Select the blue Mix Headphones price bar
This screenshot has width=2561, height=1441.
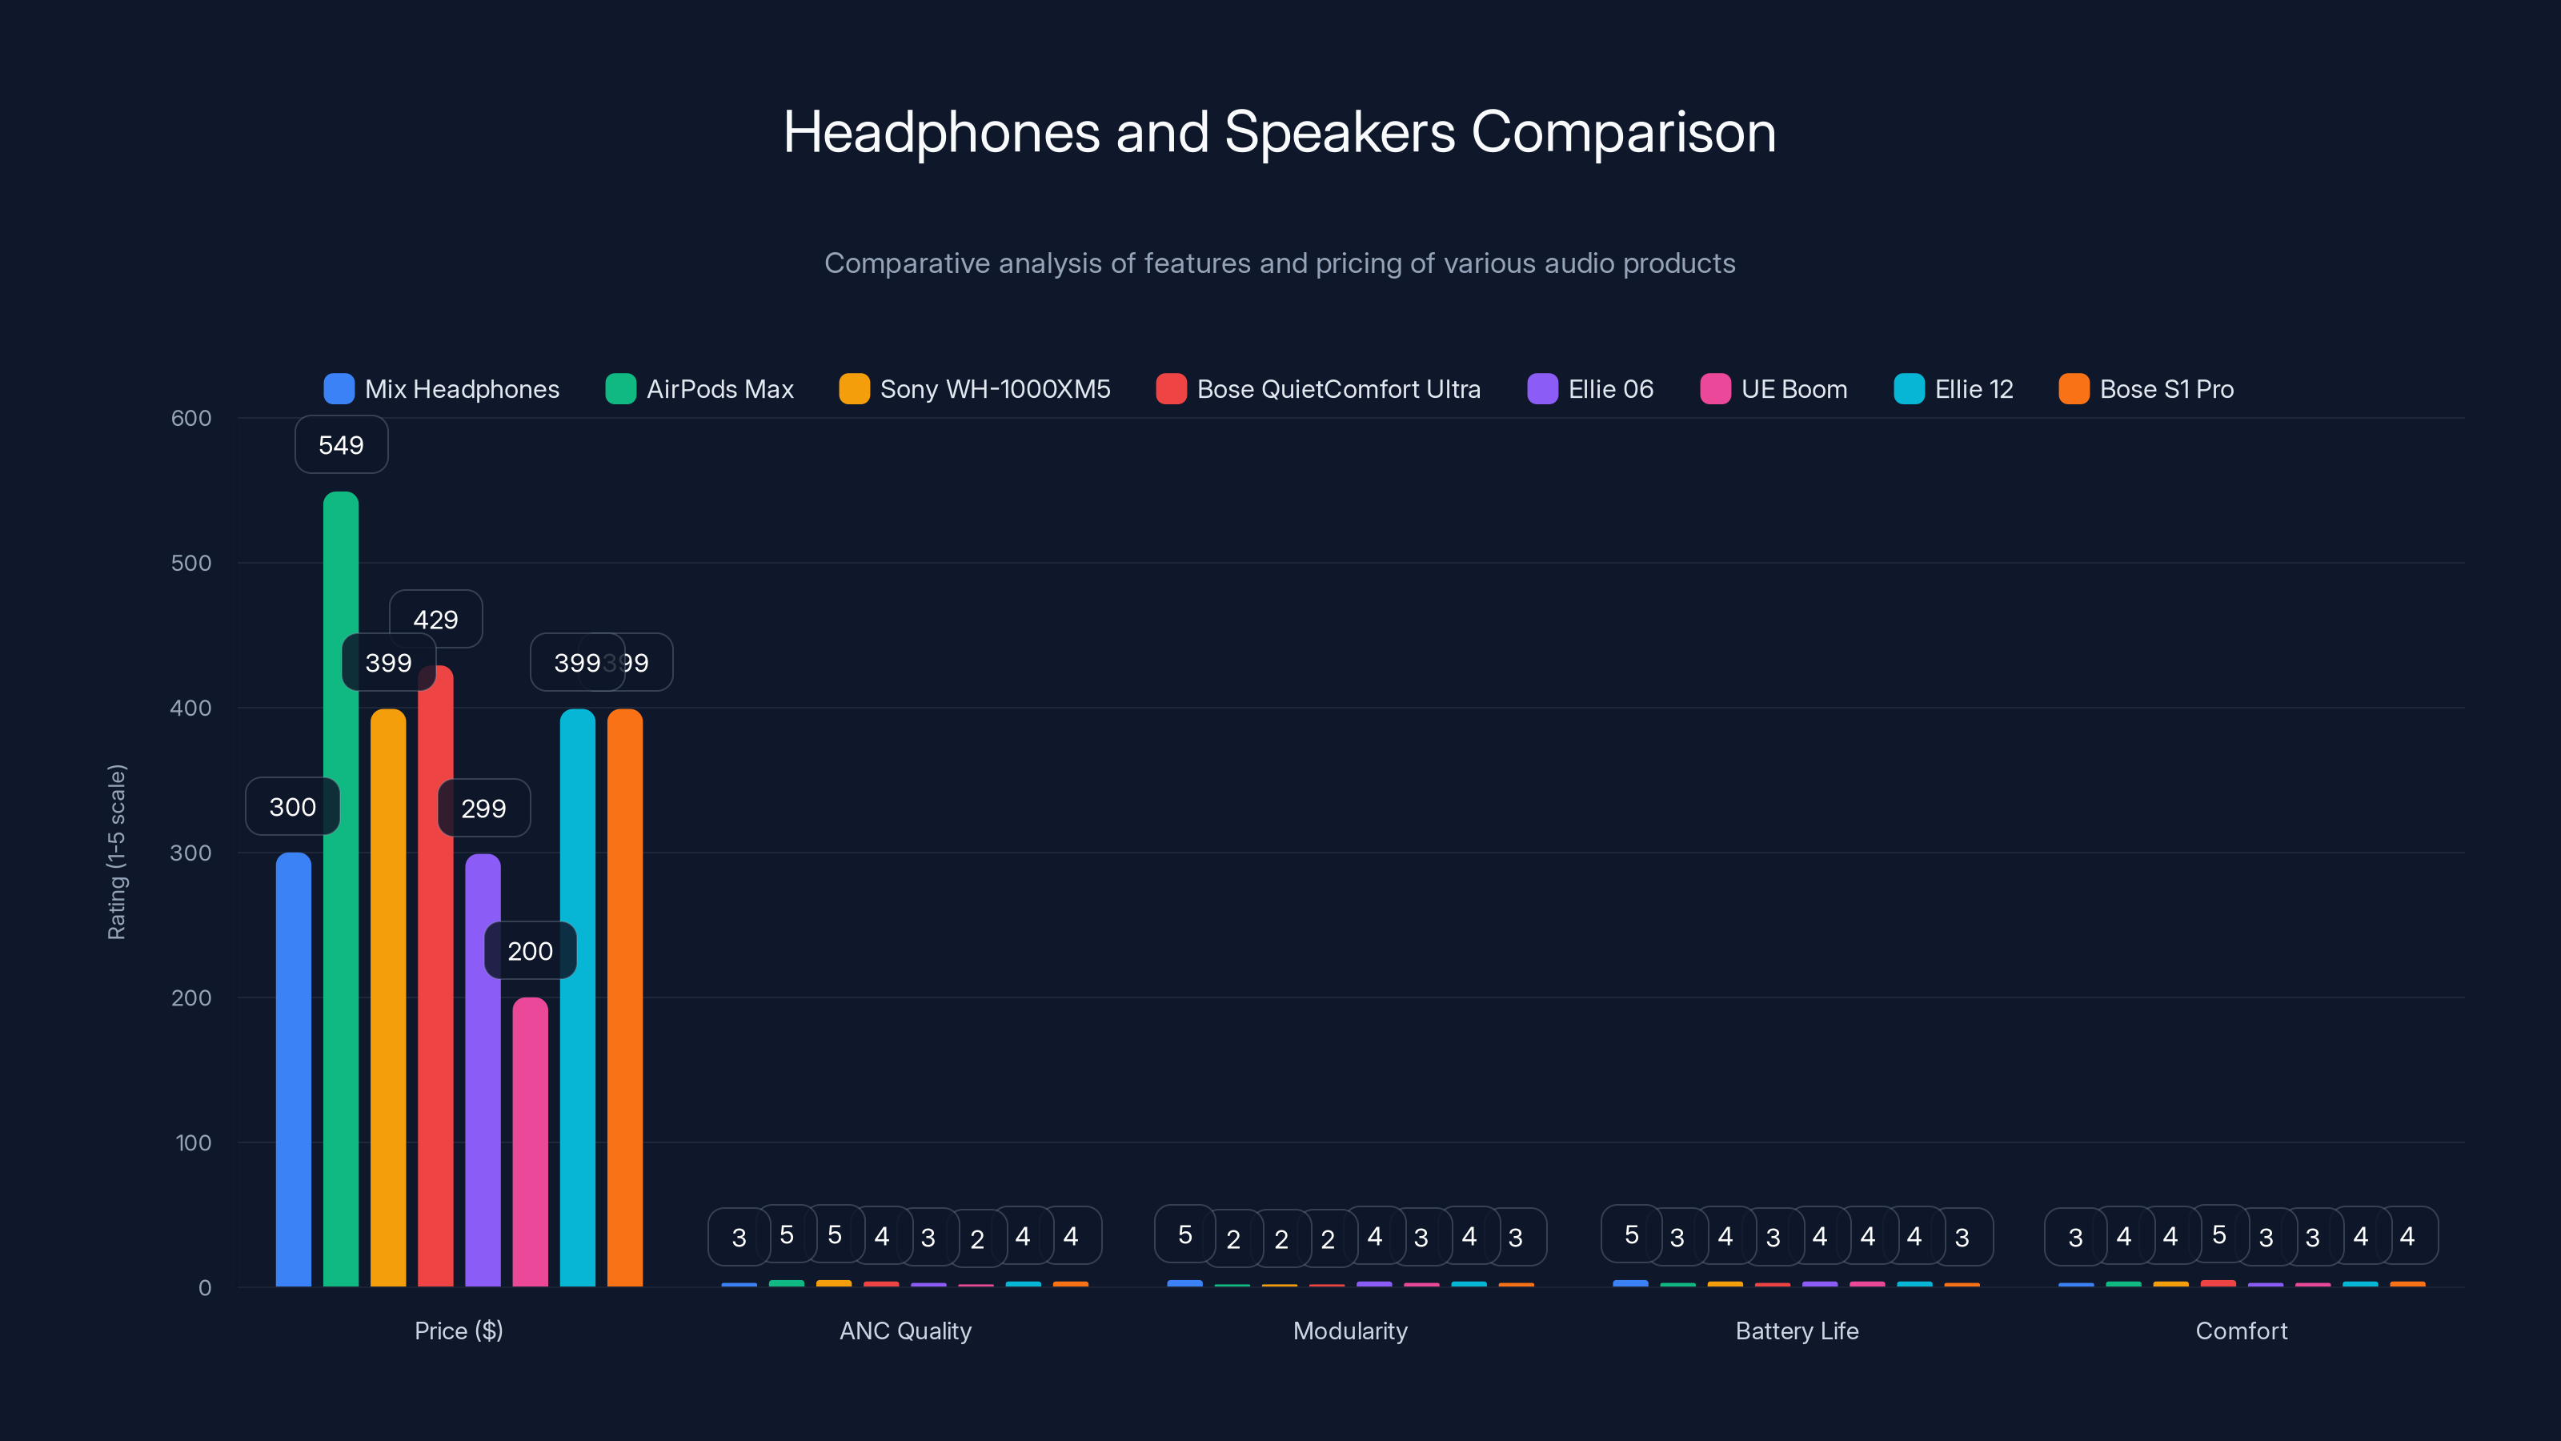tap(293, 1069)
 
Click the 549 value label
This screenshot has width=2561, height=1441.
tap(341, 444)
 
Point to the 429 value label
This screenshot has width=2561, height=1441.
tap(435, 619)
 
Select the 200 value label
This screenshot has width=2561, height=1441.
tap(530, 951)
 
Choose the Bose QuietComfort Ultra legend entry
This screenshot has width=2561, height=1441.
tap(1318, 389)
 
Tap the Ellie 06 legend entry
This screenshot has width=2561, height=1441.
tap(1591, 389)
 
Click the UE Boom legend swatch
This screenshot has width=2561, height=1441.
tap(1715, 389)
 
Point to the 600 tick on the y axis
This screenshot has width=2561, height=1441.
tap(191, 418)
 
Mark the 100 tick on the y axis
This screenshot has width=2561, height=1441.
tap(193, 1142)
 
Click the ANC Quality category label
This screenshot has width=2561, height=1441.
tap(904, 1331)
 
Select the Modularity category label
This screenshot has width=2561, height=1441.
tap(1350, 1331)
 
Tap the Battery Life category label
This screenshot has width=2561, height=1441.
tap(1797, 1331)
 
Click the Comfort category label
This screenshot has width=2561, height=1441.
tap(2241, 1331)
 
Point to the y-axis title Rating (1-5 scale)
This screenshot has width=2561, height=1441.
tap(116, 851)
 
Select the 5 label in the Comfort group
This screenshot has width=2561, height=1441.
tap(2218, 1234)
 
